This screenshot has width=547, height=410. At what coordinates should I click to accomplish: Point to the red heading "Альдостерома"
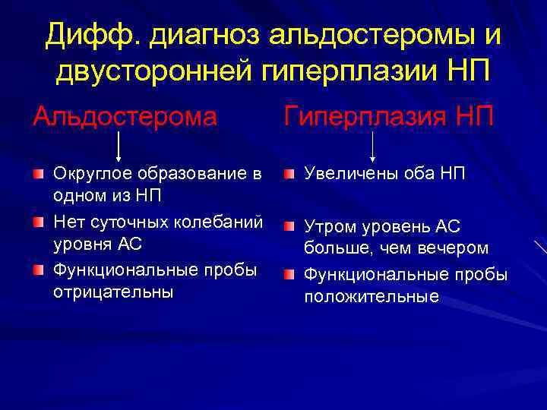(125, 117)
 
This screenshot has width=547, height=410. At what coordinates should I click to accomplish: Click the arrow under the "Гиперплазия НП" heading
(373, 145)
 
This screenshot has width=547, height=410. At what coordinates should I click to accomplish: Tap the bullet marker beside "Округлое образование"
(39, 175)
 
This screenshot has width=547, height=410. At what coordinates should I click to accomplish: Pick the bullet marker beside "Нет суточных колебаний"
(39, 222)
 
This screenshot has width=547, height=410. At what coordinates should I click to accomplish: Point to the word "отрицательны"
(103, 292)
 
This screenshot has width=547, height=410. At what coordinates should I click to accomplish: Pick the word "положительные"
(372, 296)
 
